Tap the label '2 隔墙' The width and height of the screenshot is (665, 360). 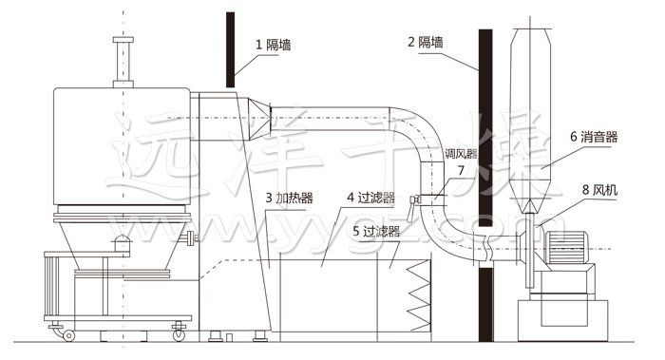click(x=431, y=44)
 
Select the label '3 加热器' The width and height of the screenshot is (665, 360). click(x=291, y=199)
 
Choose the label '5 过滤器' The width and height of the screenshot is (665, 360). click(x=375, y=230)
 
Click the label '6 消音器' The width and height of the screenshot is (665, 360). click(x=594, y=137)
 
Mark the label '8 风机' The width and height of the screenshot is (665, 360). click(x=598, y=190)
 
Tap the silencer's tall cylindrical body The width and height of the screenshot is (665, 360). click(x=530, y=104)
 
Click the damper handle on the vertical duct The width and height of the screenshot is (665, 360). click(x=415, y=199)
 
